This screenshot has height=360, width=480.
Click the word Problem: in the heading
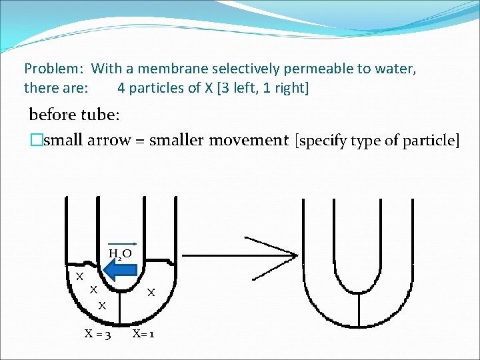(54, 69)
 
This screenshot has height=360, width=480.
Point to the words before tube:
(74, 115)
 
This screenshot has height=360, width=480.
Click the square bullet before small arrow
(35, 140)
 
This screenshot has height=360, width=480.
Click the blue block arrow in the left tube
(121, 270)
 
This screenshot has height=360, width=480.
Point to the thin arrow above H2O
(123, 245)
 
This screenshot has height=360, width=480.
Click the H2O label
(120, 254)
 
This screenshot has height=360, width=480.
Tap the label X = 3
(97, 333)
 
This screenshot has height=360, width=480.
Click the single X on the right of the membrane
(151, 292)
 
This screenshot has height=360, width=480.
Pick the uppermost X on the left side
(79, 276)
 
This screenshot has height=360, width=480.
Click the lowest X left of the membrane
(103, 306)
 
